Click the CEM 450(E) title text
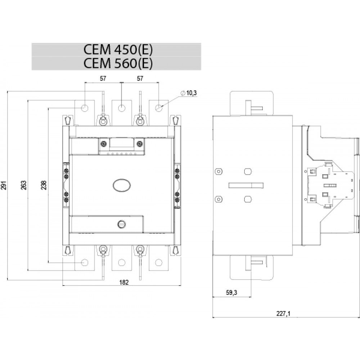118,50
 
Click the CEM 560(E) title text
118,63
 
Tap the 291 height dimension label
4,185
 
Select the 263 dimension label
24,185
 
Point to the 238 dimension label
44,185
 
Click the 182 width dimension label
124,282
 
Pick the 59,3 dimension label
231,293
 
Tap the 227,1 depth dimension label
283,314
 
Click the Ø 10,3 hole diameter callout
189,93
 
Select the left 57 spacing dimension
103,78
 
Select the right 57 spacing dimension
140,78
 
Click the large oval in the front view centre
122,185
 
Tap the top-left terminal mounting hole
85,108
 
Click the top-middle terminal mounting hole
122,108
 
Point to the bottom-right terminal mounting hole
158,262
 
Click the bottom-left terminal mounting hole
85,262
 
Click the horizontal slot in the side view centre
246,185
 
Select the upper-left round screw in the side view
219,171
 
